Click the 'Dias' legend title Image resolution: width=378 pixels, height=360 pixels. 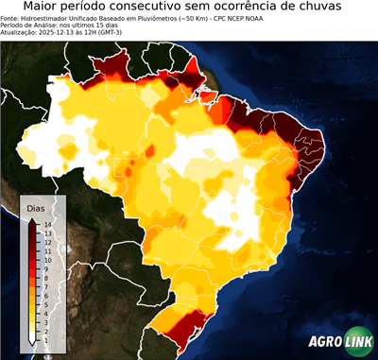click(36, 206)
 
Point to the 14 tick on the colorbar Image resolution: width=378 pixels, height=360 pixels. click(45, 224)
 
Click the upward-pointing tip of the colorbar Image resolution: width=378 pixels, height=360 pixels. click(33, 220)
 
